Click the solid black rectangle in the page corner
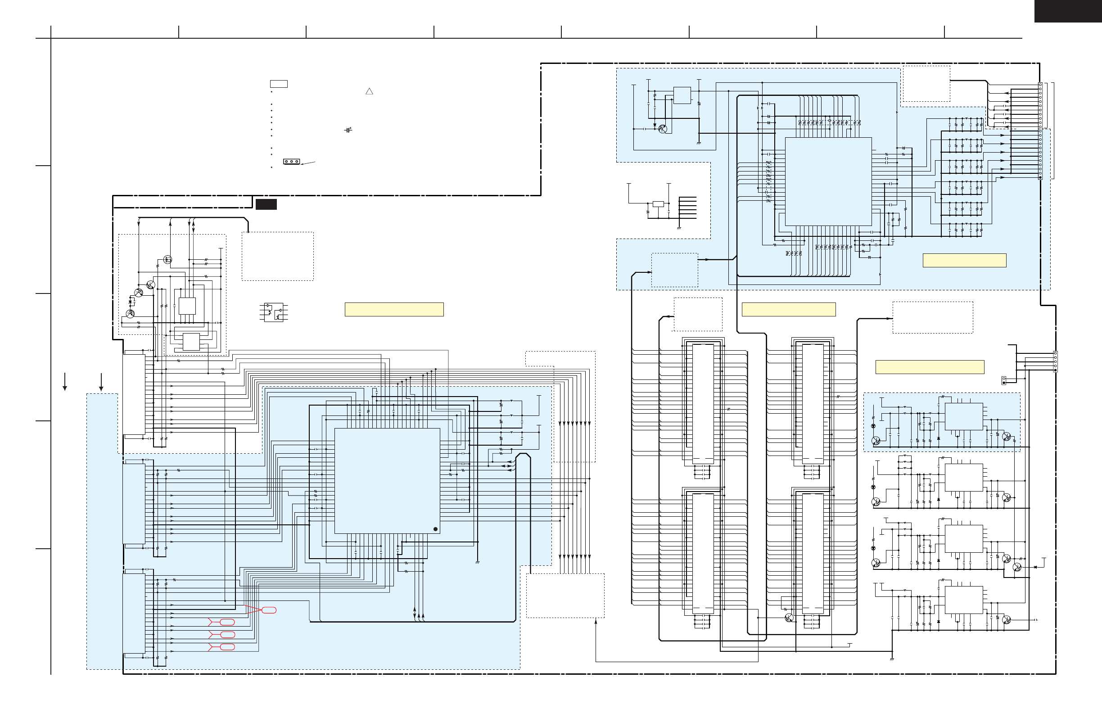point(1068,11)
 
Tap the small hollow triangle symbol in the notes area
point(369,91)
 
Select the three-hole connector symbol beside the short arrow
point(291,162)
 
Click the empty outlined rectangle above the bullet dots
point(279,84)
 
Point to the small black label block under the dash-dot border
point(266,204)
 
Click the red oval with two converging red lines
point(269,610)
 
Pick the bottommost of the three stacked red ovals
point(227,647)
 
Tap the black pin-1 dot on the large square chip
point(435,529)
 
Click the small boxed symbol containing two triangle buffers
point(274,312)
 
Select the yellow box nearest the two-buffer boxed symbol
point(394,309)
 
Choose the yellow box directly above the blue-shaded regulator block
point(929,367)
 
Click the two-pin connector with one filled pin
point(1004,380)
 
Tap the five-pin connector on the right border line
point(1055,361)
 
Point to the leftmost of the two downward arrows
point(65,382)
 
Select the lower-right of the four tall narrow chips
point(813,553)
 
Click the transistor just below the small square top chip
point(663,129)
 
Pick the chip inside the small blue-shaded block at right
point(963,416)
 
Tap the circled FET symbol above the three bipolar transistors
point(167,260)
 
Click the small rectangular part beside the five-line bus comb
point(658,204)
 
